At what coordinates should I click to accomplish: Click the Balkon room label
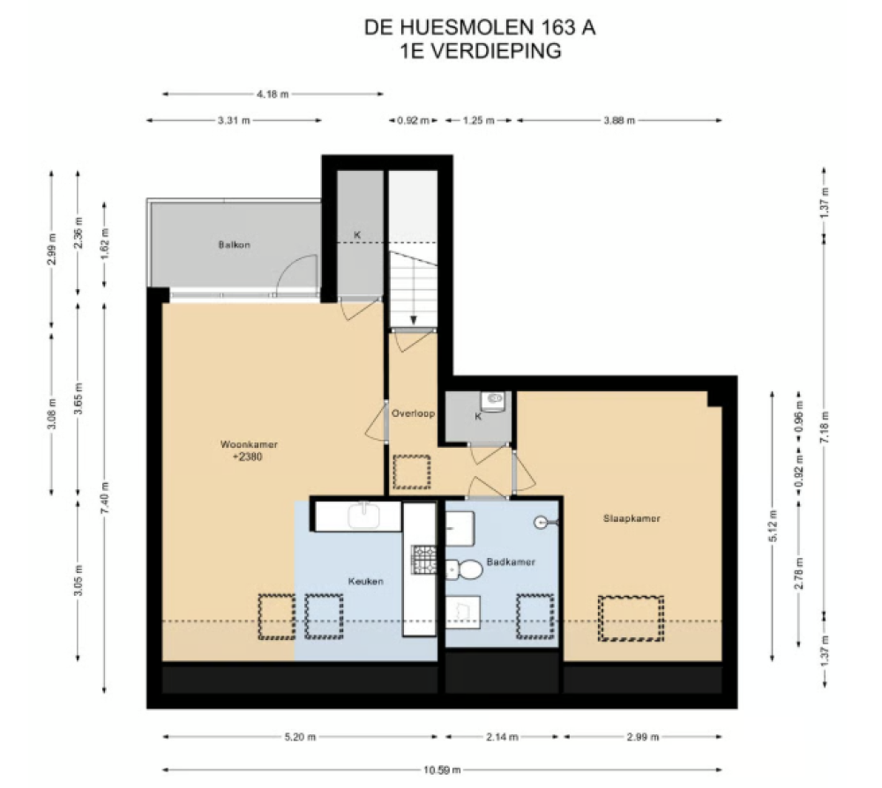click(234, 244)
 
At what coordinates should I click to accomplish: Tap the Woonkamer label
click(249, 444)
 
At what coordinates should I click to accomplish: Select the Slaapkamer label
click(632, 518)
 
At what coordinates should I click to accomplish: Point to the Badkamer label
click(511, 561)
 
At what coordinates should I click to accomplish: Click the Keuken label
click(366, 581)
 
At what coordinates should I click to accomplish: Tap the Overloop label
click(414, 413)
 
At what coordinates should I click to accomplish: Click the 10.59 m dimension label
click(442, 770)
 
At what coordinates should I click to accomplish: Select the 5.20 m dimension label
click(301, 737)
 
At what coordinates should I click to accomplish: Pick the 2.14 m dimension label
click(503, 737)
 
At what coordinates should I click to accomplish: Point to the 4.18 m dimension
click(273, 94)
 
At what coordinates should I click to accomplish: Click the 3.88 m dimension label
click(619, 120)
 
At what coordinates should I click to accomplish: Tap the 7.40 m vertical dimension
click(105, 497)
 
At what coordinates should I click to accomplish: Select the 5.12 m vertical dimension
click(773, 526)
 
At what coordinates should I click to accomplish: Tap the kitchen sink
click(363, 516)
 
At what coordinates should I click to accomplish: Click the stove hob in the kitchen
click(423, 560)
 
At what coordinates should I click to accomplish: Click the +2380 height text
click(248, 457)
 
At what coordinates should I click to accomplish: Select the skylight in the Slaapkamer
click(631, 618)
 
